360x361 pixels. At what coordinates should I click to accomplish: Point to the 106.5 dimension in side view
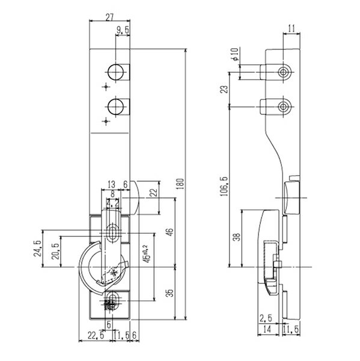click(224, 185)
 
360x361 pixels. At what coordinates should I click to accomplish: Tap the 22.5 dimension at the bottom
click(95, 336)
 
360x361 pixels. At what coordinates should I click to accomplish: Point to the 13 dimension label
click(112, 185)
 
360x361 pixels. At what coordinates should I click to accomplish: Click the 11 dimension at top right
click(291, 27)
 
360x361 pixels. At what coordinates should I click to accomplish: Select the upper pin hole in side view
click(282, 72)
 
